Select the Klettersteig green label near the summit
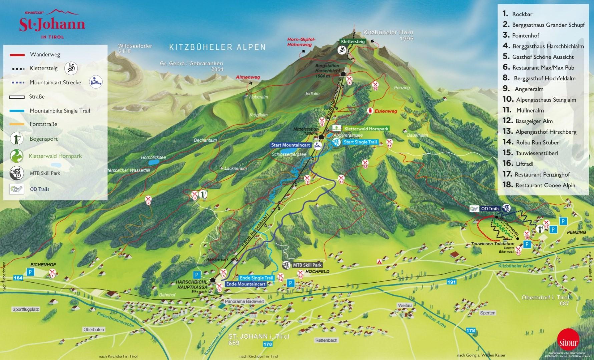click(353, 42)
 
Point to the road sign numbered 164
click(18, 278)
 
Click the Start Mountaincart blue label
click(291, 145)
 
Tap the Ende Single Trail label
click(256, 278)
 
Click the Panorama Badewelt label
click(244, 301)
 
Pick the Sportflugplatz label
click(26, 309)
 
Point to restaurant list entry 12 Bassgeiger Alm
click(534, 121)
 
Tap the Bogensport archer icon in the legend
click(16, 139)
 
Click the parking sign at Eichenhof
click(31, 272)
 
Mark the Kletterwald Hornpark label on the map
click(366, 129)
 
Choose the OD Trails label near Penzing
click(490, 209)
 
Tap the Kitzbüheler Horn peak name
click(388, 33)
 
